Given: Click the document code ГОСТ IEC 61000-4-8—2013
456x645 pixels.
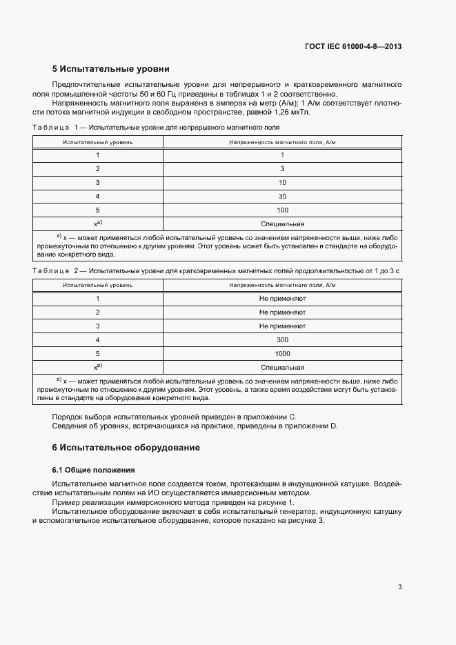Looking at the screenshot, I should (x=353, y=47).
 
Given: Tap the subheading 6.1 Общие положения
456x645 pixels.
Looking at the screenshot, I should (x=82, y=469).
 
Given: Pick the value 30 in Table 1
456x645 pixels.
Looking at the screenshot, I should (x=282, y=196).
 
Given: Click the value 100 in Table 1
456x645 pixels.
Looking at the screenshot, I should (x=282, y=210).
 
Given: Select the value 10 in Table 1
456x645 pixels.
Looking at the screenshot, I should (x=282, y=182).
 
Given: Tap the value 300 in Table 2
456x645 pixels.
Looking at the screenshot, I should (x=282, y=339).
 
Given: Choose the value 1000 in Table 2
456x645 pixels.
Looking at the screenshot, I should (x=282, y=353).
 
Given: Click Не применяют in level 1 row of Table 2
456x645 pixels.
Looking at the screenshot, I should (x=282, y=298).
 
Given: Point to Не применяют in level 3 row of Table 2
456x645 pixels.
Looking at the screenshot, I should (x=282, y=326).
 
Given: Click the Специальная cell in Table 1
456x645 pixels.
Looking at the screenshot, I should (x=282, y=224).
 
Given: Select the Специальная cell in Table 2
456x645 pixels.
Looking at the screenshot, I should (x=282, y=367).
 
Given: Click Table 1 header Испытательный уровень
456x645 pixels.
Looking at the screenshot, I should (x=97, y=141).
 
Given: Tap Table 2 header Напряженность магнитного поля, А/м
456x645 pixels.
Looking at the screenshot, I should (x=282, y=284).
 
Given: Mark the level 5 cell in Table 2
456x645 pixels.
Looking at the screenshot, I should (x=97, y=353).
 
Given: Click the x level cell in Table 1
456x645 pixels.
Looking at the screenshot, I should (x=97, y=224).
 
